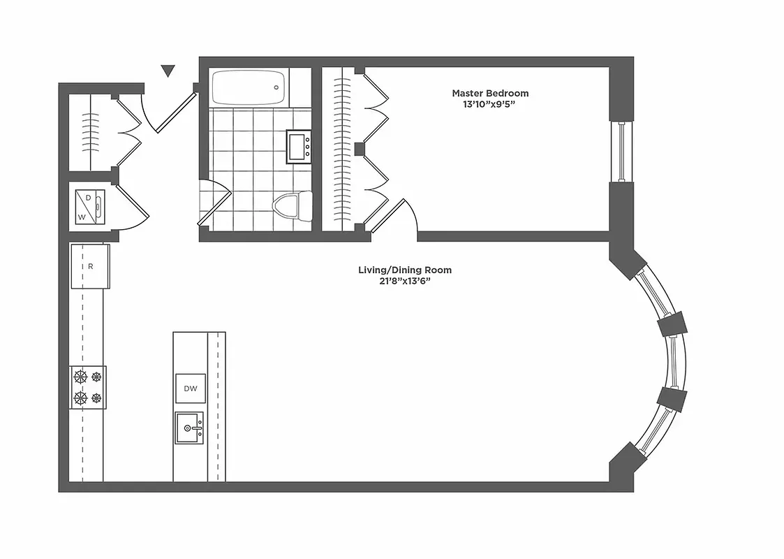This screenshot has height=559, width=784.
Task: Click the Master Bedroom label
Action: pyautogui.click(x=489, y=93)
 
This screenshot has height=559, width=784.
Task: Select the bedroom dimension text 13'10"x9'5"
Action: pyautogui.click(x=489, y=104)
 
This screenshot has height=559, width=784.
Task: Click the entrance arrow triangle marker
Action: pyautogui.click(x=167, y=71)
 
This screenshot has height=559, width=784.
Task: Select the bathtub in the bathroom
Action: pyautogui.click(x=249, y=88)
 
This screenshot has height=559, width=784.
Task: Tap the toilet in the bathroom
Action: pyautogui.click(x=287, y=205)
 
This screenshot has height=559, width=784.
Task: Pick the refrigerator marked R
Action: pyautogui.click(x=90, y=266)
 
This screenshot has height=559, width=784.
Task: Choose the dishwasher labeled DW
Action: pyautogui.click(x=190, y=388)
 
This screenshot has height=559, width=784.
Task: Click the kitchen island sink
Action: pyautogui.click(x=190, y=428)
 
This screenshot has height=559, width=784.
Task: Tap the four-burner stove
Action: pyautogui.click(x=87, y=387)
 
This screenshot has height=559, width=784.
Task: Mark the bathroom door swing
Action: pyautogui.click(x=215, y=203)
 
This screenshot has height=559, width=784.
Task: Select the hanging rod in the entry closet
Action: pyautogui.click(x=90, y=132)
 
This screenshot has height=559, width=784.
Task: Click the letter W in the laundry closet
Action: pyautogui.click(x=82, y=217)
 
